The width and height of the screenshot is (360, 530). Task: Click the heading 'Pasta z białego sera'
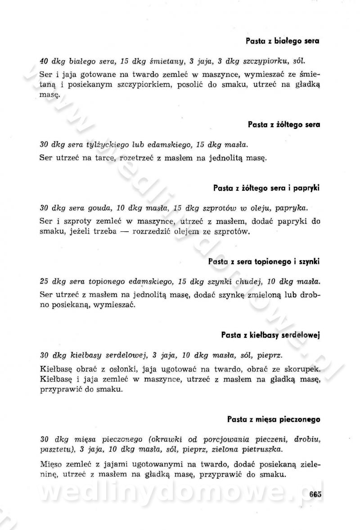[282, 41]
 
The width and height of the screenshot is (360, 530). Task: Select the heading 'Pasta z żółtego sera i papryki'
[266, 188]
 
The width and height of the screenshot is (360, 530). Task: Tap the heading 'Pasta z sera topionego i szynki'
[264, 261]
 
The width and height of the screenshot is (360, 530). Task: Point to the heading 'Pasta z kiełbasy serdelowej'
[270, 335]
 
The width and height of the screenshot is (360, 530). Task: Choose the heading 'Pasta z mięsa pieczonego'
[273, 419]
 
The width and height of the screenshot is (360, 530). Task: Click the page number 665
[315, 494]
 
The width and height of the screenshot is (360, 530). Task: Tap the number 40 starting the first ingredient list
[44, 61]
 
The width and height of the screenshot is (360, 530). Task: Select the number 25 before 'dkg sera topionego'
[44, 282]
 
